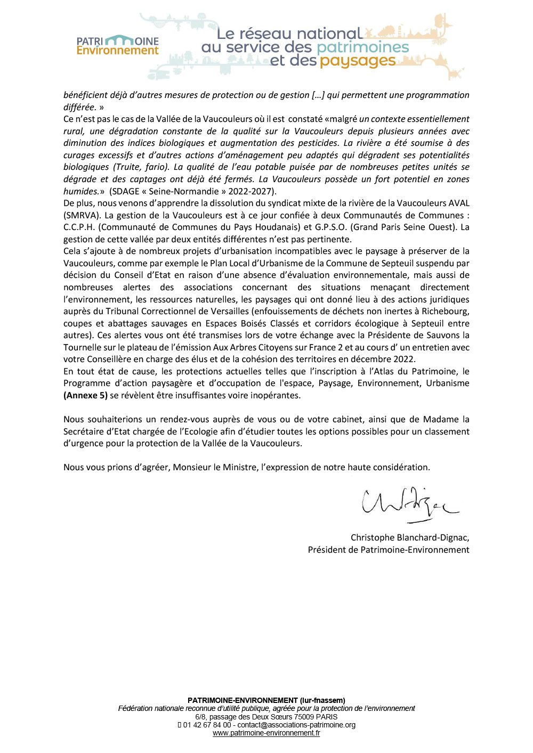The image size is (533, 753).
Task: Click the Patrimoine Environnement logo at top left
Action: coord(117,45)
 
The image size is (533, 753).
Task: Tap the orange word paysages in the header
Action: coord(358,61)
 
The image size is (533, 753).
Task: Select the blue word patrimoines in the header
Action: coord(362,47)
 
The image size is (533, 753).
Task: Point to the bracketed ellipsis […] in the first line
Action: coord(318,95)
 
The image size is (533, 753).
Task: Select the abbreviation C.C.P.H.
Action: coord(79,227)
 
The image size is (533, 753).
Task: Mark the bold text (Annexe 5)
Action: coord(85,395)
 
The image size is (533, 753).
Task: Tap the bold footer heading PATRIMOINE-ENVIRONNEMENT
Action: coord(243,700)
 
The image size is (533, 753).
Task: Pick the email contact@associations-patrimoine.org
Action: coord(296,725)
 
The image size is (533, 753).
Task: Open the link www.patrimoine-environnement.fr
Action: coord(266,733)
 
